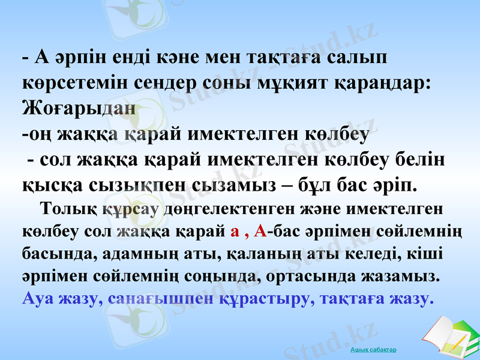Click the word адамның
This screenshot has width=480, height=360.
pyautogui.click(x=131, y=254)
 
